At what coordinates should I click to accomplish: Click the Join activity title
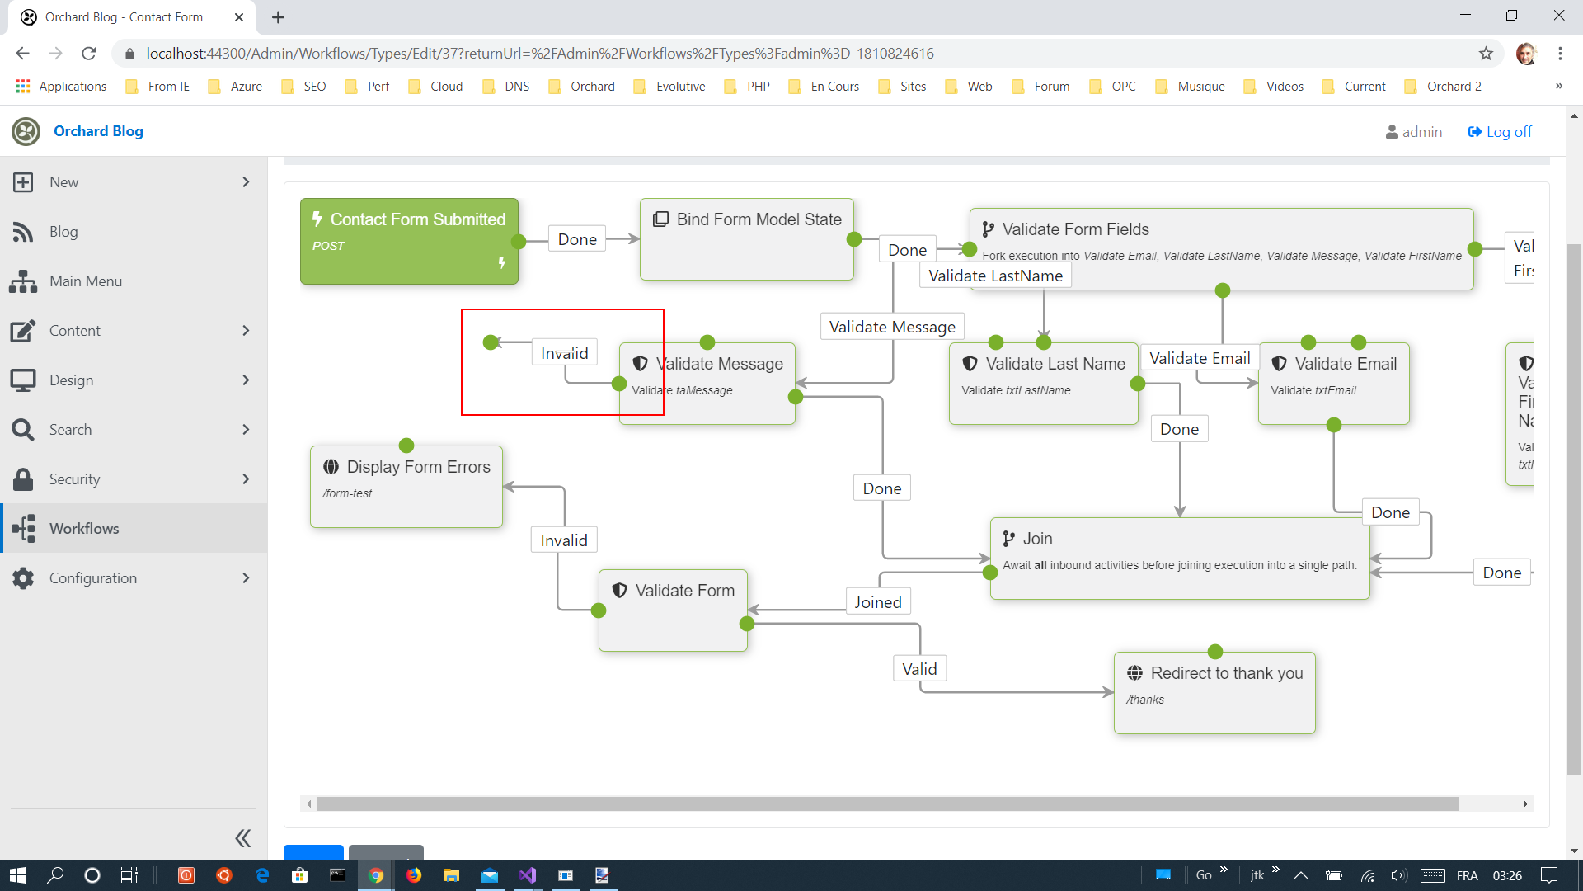coord(1037,539)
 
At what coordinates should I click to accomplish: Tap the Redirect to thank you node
coord(1214,692)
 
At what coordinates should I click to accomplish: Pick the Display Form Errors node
coord(406,487)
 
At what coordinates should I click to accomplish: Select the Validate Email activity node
coord(1333,384)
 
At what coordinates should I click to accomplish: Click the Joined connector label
coord(877,602)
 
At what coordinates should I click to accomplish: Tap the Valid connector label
coord(918,669)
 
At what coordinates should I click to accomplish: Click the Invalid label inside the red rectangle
coord(564,353)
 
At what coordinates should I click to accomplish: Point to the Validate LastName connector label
coord(995,276)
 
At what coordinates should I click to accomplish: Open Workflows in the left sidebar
coord(84,529)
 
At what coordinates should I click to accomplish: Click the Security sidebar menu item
coord(74,479)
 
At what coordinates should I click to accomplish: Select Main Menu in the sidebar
coord(86,281)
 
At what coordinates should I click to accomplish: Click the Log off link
coord(1500,132)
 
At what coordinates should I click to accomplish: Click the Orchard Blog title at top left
coord(98,131)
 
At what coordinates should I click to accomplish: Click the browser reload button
coord(89,54)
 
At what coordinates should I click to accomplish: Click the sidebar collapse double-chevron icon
coord(242,838)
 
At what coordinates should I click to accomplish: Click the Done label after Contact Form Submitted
coord(577,239)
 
